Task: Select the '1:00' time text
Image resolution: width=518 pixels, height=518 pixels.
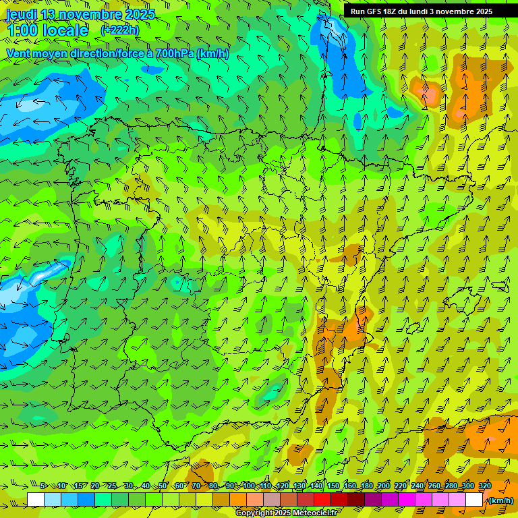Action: point(21,30)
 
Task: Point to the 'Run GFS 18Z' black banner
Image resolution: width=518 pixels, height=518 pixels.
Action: point(422,11)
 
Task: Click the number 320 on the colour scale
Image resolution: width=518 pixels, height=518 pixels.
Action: point(485,486)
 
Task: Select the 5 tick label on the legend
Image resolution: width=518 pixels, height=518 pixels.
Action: point(43,486)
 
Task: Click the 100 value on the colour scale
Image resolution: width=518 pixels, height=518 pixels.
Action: point(248,486)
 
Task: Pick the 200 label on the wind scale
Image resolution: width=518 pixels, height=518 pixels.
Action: point(384,486)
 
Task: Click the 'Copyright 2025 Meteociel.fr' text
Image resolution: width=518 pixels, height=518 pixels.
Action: point(287,513)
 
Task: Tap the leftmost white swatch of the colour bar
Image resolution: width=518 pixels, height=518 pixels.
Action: point(36,500)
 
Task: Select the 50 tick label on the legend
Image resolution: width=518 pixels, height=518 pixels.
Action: point(163,486)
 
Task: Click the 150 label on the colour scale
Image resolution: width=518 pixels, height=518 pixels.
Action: point(333,486)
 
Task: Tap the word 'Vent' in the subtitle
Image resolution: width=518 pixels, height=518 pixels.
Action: point(20,54)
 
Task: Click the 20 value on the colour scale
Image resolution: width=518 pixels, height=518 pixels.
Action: point(95,486)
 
